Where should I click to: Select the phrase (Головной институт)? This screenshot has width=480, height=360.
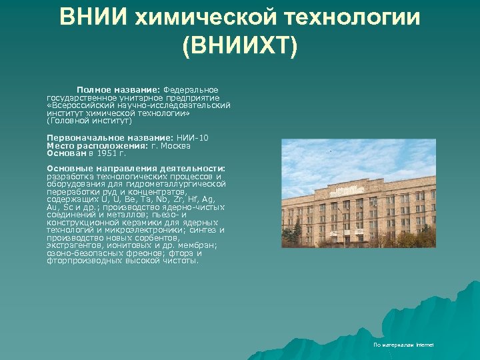(x=89, y=121)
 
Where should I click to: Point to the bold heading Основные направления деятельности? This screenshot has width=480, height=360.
(x=136, y=168)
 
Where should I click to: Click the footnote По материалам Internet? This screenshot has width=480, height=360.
(x=403, y=345)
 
